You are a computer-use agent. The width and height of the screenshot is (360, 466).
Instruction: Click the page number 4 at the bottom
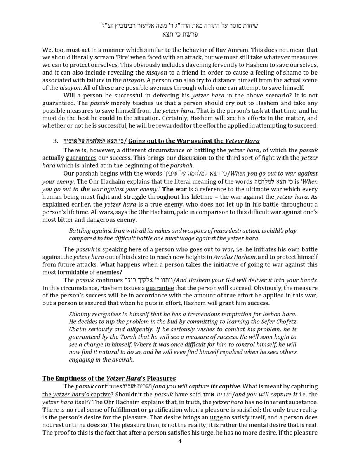(180, 441)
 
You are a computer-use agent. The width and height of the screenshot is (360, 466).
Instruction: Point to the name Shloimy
(80, 314)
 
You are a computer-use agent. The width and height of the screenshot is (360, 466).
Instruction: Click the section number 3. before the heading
(56, 141)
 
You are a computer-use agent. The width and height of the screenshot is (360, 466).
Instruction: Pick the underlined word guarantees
(81, 158)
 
